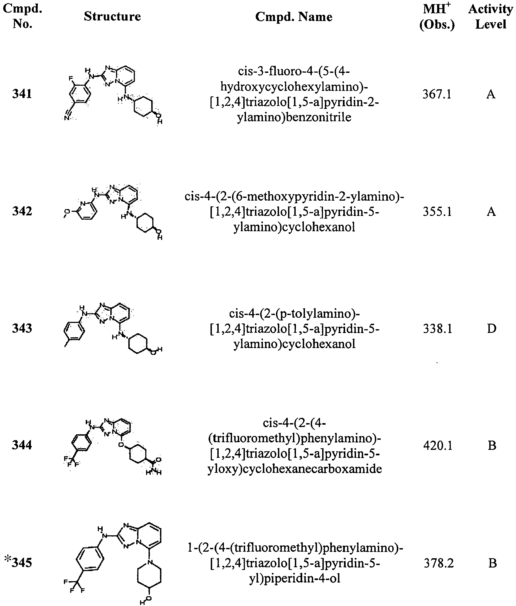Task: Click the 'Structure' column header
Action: click(112, 16)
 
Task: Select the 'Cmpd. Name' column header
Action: click(294, 17)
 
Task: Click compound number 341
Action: click(22, 94)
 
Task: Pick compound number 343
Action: click(22, 328)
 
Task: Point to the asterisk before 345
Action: click(8, 559)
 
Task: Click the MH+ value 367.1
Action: click(437, 94)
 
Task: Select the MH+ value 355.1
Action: click(437, 212)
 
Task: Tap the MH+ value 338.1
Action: click(438, 329)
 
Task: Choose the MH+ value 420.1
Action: click(438, 446)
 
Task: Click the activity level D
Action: click(492, 329)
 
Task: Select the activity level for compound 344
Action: click(492, 446)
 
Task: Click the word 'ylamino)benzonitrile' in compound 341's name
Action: click(294, 117)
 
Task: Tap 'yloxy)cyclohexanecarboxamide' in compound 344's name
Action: click(295, 469)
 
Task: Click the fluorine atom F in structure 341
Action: click(70, 78)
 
